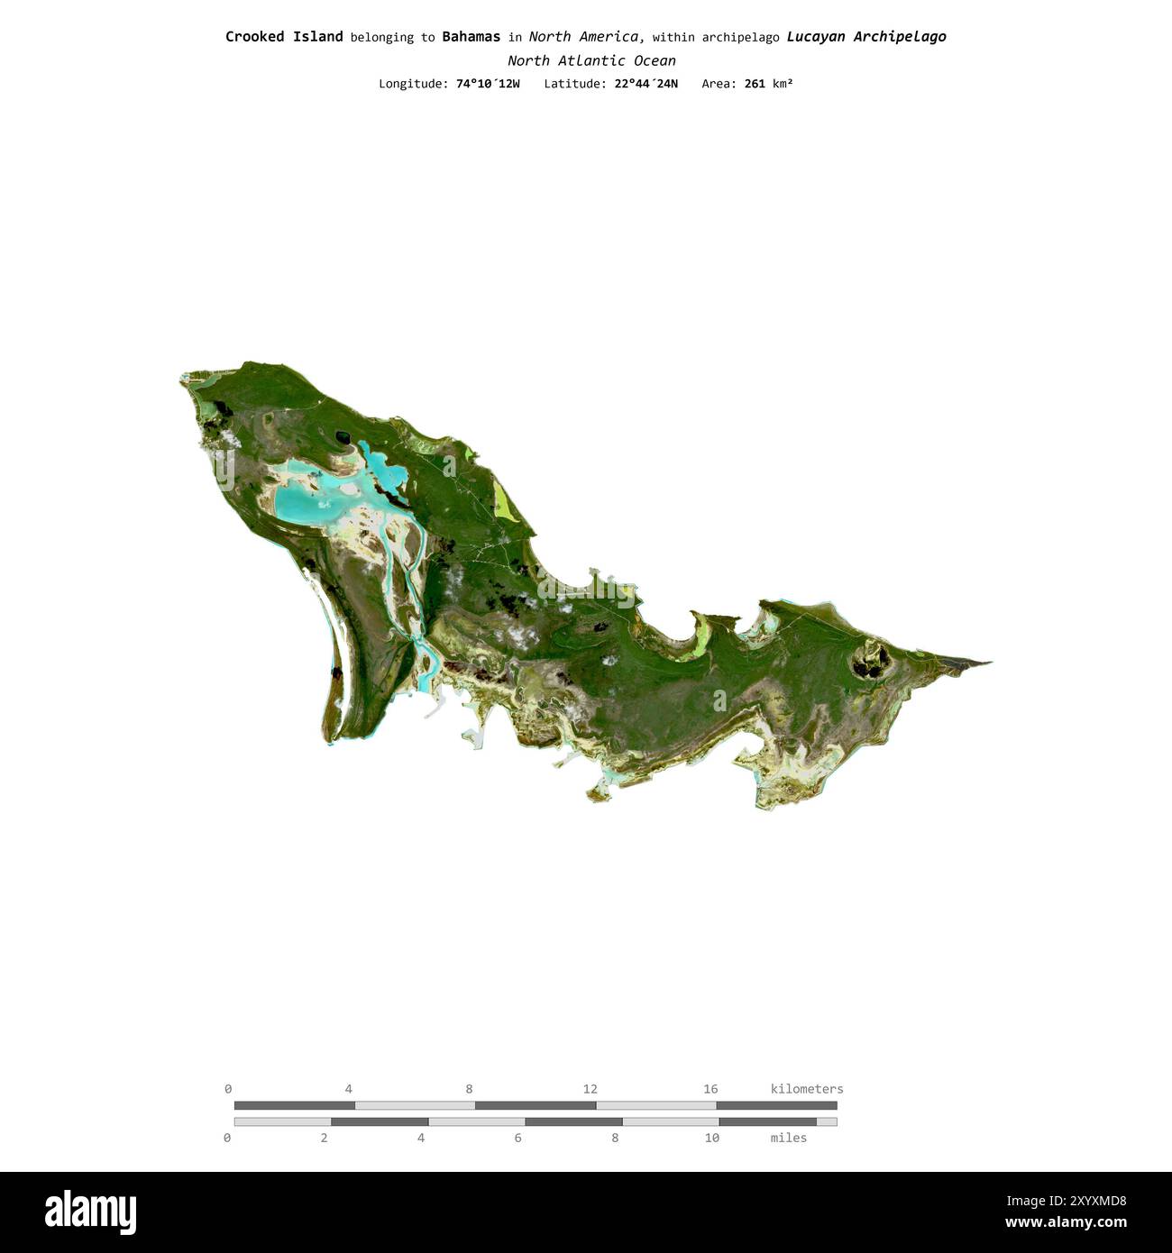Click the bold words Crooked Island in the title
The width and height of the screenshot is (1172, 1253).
coord(284,37)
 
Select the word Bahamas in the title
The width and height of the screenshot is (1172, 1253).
coord(471,37)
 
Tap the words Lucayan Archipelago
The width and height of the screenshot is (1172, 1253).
coord(865,37)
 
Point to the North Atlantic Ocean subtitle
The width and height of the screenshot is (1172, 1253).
coord(591,60)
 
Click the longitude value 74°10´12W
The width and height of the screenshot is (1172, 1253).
coord(488,84)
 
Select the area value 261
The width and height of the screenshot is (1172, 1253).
coord(755,84)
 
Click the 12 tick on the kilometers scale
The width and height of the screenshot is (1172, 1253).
coord(590,1089)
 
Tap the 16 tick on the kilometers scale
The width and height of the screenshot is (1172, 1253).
coord(710,1089)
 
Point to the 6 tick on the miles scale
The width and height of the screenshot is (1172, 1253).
coord(517,1138)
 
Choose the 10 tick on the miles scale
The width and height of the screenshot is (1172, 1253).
coord(712,1138)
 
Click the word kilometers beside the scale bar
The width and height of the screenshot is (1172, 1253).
coord(807,1089)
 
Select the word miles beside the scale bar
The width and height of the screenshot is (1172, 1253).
coord(788,1138)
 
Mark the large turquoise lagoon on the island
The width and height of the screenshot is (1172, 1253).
coord(302,501)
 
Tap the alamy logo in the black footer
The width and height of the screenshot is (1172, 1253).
coord(91,1212)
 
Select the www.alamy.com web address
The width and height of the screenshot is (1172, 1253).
coord(1066,1223)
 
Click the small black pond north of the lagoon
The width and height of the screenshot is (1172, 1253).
coord(343,438)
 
